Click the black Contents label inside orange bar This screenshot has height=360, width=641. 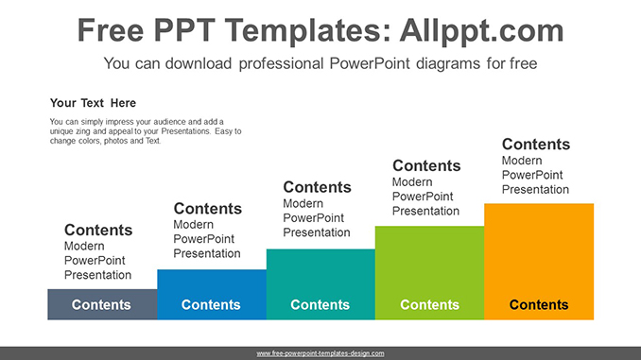point(539,304)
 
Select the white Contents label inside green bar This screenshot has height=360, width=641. point(429,304)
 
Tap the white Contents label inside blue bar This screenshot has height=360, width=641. point(211,304)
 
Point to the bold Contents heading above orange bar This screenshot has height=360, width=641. point(536,145)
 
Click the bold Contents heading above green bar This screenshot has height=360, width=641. point(426,165)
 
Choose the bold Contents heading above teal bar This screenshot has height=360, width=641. point(317,187)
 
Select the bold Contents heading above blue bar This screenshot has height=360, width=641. point(207,209)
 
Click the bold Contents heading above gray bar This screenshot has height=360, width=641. point(98,230)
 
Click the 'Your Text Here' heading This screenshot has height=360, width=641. point(93,103)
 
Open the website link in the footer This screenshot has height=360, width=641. point(320,352)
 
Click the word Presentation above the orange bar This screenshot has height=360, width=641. point(535,189)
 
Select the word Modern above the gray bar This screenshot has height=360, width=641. point(84,246)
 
